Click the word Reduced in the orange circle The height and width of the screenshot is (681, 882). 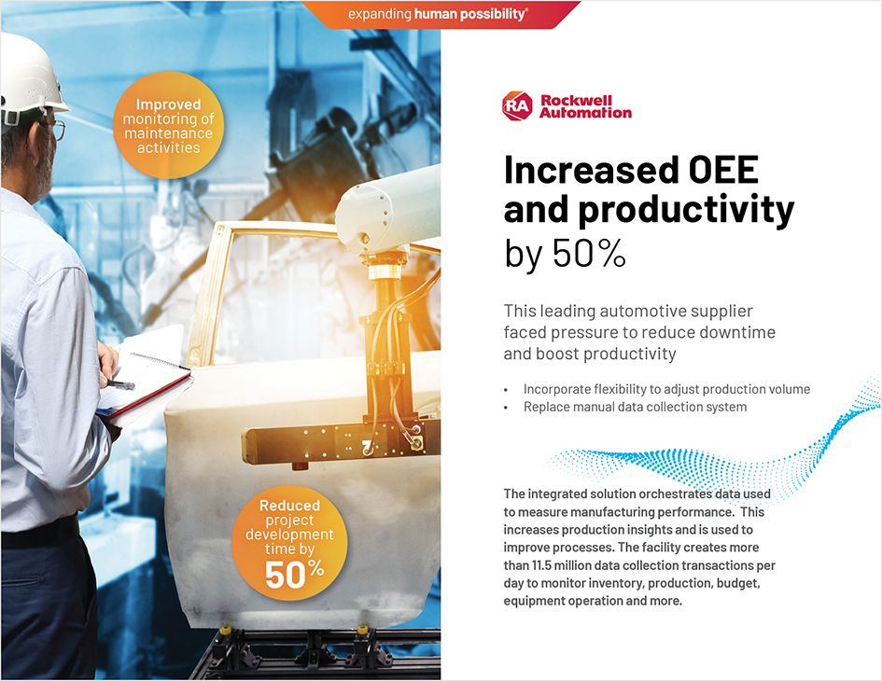click(x=289, y=506)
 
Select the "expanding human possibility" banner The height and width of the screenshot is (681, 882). click(x=438, y=14)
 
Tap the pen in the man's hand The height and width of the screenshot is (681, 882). click(x=120, y=383)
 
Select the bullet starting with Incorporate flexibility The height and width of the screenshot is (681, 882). click(x=666, y=389)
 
